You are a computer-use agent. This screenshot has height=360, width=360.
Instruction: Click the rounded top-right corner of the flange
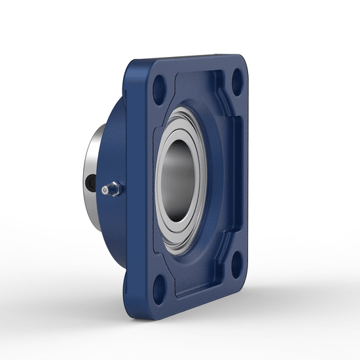245,62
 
